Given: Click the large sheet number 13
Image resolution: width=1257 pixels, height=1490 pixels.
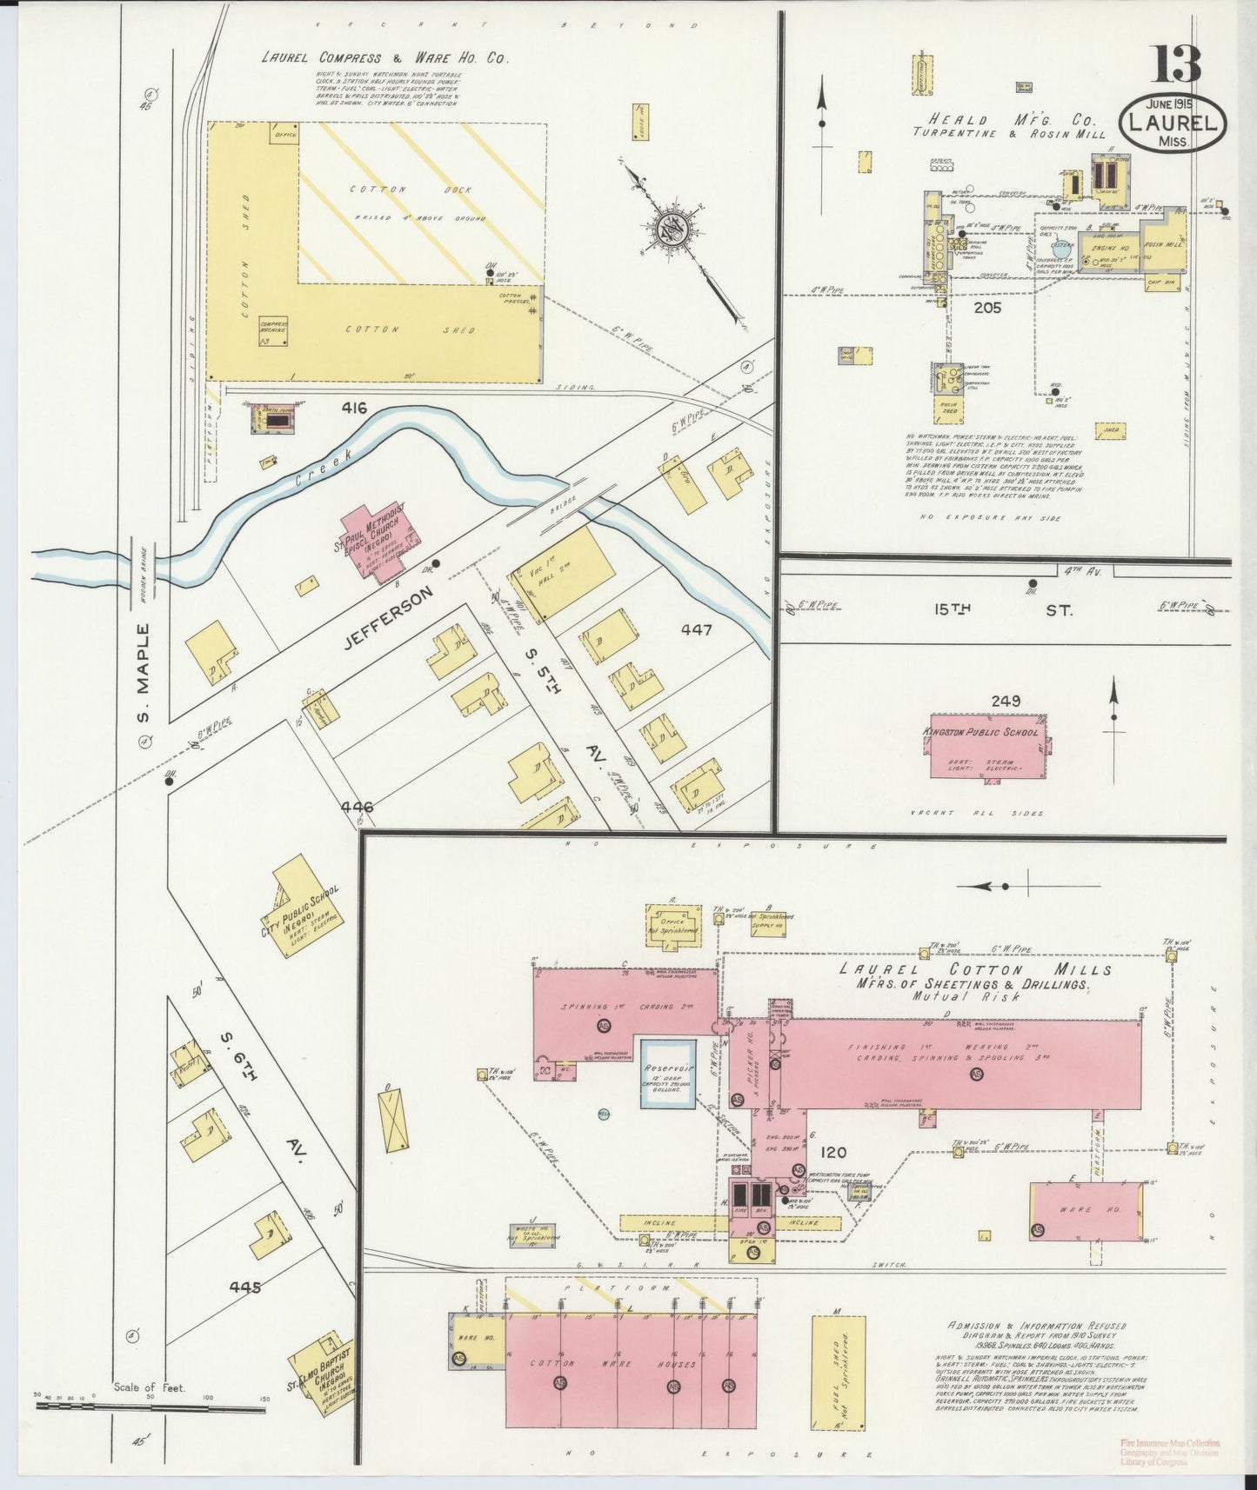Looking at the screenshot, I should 1178,64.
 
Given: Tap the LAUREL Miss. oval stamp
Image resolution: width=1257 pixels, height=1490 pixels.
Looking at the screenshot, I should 1173,125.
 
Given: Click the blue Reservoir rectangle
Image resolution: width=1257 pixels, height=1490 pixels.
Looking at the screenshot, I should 668,1072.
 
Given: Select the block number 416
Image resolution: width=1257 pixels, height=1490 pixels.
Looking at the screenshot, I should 354,407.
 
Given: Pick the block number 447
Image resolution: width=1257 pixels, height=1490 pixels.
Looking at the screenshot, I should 697,629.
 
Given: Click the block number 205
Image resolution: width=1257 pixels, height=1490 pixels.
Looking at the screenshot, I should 987,307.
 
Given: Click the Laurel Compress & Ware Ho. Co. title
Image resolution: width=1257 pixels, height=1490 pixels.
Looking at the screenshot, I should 385,59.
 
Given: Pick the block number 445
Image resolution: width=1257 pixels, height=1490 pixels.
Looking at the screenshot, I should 245,1287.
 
